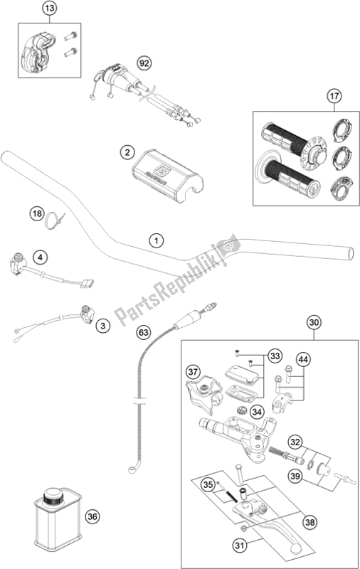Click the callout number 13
click(50, 8)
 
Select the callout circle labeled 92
click(144, 63)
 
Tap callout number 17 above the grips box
click(334, 96)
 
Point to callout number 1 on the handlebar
click(156, 240)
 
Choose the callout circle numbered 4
click(41, 257)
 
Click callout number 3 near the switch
click(103, 326)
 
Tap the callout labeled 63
click(144, 332)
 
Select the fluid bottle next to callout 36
click(58, 519)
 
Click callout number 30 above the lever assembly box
click(314, 322)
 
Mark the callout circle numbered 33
click(275, 356)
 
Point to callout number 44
click(303, 360)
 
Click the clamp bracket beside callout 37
click(203, 395)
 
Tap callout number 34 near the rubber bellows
click(257, 412)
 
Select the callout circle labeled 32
click(295, 442)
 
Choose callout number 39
click(295, 476)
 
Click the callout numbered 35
click(208, 485)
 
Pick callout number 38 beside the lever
click(310, 522)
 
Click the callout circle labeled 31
click(240, 545)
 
